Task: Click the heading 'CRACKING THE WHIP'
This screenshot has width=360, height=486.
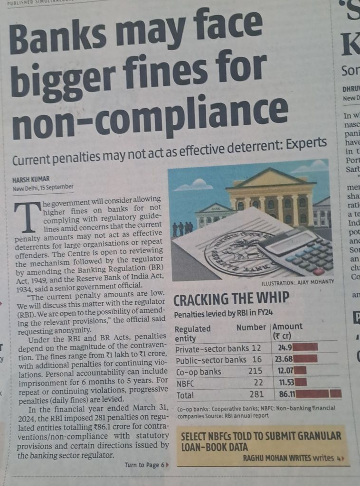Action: (x=231, y=299)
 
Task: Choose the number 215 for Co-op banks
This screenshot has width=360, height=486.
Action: (x=255, y=372)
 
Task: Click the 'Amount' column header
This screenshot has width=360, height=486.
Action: (x=287, y=327)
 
